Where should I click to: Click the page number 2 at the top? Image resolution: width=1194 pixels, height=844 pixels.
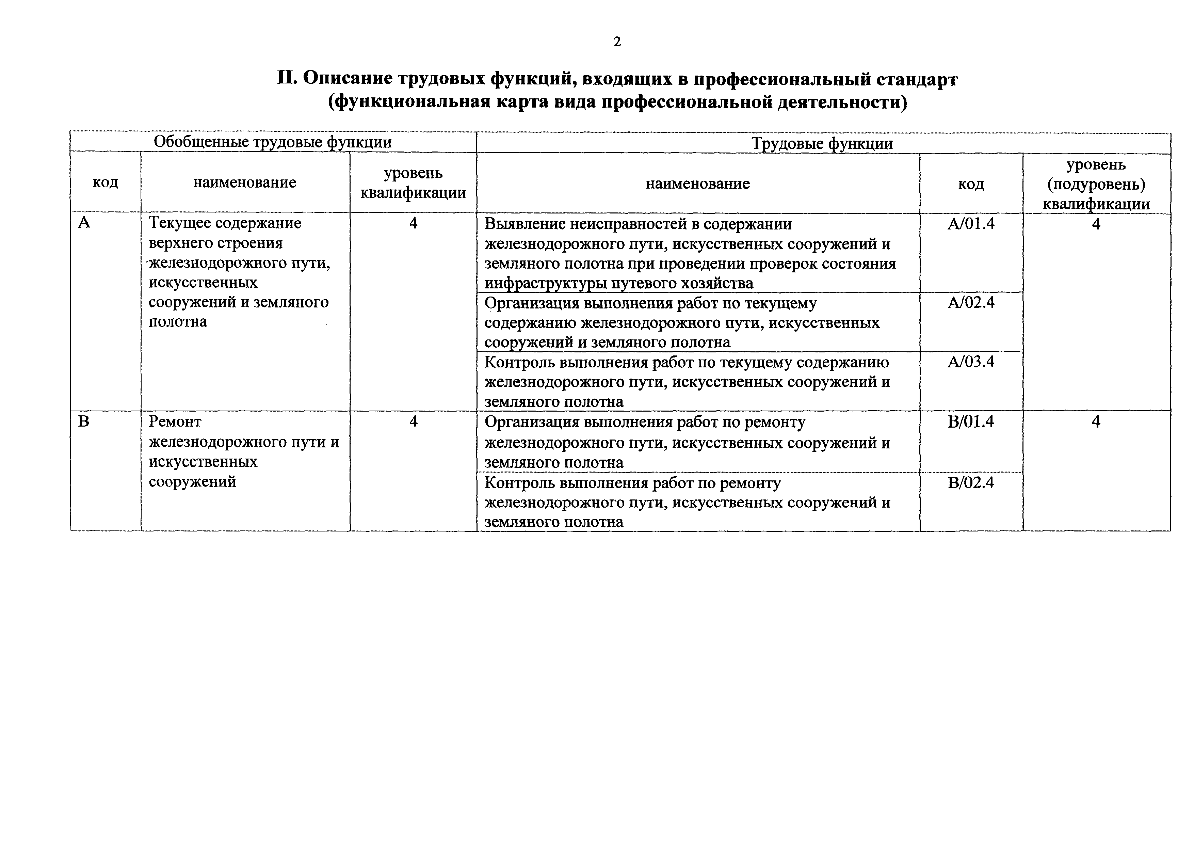617,42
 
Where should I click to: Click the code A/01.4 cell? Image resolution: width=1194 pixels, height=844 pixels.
970,224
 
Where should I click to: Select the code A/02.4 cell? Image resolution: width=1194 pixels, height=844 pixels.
970,302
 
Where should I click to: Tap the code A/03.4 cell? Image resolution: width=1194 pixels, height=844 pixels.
970,362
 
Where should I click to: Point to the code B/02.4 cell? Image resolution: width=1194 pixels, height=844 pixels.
970,482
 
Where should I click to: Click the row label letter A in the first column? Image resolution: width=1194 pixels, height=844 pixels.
84,223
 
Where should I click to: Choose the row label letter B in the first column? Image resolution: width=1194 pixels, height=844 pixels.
84,421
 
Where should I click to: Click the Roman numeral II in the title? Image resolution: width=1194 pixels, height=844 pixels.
287,79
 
